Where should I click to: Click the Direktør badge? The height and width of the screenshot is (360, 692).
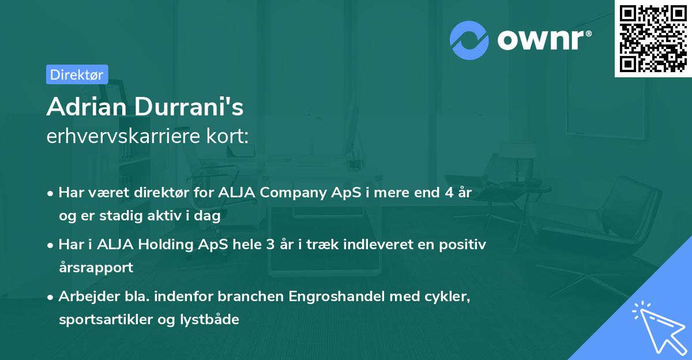77,74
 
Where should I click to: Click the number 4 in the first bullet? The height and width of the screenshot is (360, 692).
448,193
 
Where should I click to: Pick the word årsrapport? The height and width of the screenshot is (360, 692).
96,268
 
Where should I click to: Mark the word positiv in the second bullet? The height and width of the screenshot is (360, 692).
465,245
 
